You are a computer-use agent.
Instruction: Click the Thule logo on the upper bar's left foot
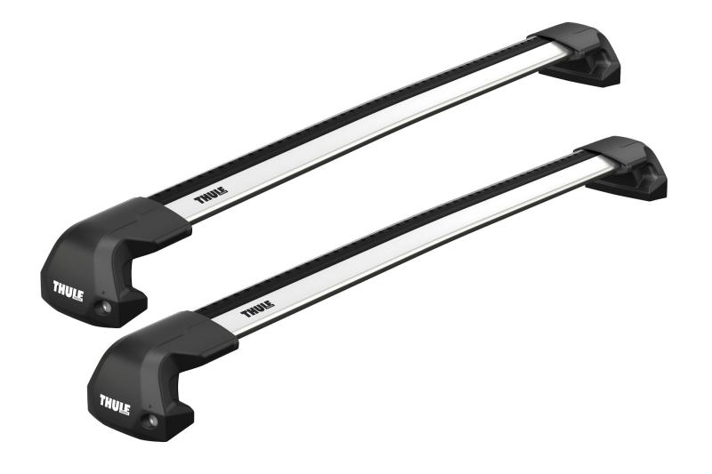click(68, 288)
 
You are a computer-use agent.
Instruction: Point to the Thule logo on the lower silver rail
click(258, 311)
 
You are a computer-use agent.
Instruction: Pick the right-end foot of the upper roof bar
click(584, 56)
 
